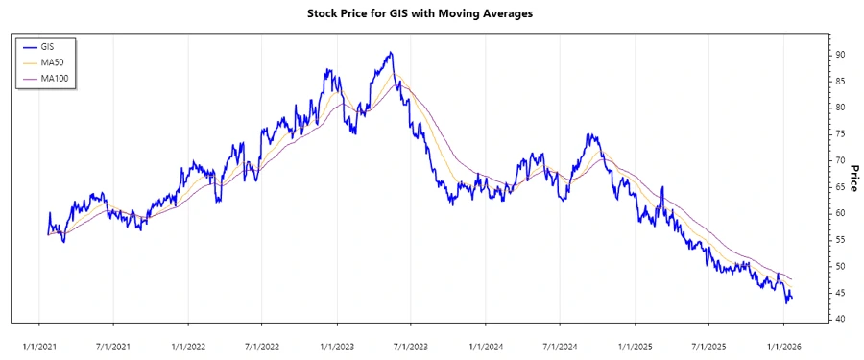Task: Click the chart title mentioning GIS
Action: click(432, 13)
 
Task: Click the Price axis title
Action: click(853, 177)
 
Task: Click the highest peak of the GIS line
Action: click(390, 53)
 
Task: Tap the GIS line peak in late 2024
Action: click(588, 135)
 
